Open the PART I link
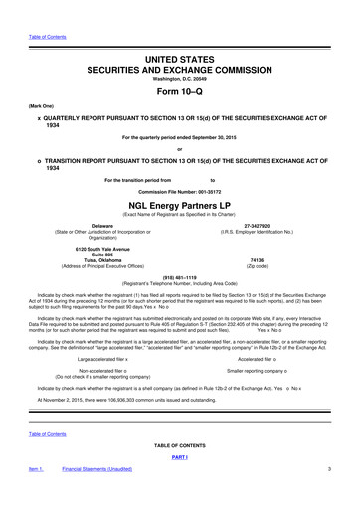coord(180,483)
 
